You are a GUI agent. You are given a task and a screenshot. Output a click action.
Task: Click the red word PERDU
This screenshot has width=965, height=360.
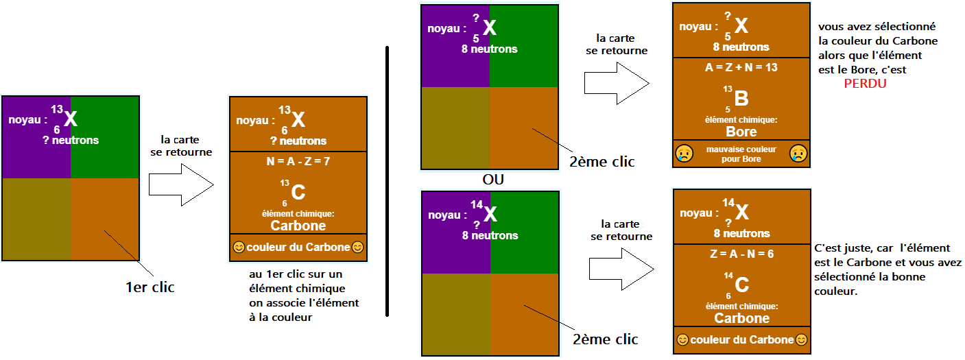tap(865, 83)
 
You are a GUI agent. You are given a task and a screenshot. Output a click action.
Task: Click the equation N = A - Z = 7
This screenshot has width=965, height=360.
tap(298, 162)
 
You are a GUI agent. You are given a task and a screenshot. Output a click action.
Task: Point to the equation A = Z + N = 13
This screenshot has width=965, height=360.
tap(741, 68)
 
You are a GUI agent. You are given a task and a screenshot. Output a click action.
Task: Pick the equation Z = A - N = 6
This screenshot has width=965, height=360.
tap(741, 254)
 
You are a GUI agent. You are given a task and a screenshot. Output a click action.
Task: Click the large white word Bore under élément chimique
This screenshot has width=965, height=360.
tap(741, 132)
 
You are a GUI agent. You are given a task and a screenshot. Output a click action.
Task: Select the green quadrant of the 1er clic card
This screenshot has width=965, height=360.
tap(105, 137)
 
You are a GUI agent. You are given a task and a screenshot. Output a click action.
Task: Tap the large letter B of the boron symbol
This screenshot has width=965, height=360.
tap(741, 100)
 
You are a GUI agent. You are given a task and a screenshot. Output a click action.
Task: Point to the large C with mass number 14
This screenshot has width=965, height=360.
tap(741, 285)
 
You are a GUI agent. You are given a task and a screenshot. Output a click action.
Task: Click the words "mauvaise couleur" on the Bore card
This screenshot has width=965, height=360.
tap(741, 149)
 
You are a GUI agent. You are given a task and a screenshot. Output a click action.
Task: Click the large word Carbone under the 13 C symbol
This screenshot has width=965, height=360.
tap(298, 226)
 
